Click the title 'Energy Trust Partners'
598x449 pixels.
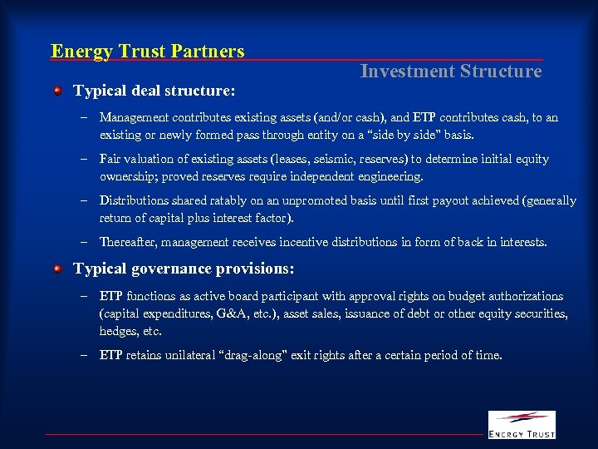click(x=148, y=52)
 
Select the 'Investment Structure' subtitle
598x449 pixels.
click(x=450, y=72)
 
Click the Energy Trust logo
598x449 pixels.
click(x=521, y=424)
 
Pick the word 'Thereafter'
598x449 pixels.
click(x=127, y=242)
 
